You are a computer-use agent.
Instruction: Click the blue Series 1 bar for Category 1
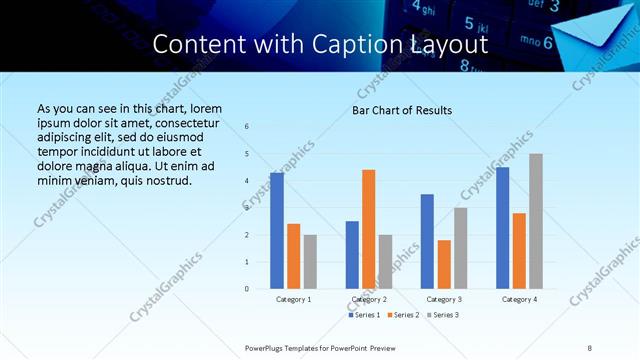(x=277, y=231)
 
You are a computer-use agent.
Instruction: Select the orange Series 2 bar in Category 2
(x=368, y=229)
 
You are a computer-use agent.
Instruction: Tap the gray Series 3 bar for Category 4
(x=536, y=221)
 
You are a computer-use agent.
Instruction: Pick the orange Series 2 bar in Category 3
(x=444, y=264)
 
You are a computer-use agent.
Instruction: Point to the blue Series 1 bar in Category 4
(x=502, y=228)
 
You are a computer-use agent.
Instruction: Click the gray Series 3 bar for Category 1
(x=310, y=262)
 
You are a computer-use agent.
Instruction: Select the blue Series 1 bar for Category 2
(x=352, y=255)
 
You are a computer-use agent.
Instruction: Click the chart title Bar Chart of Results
(x=402, y=110)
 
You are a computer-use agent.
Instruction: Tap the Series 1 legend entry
(x=364, y=315)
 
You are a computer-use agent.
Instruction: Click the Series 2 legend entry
(x=403, y=315)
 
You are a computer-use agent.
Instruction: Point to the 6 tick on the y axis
(x=247, y=127)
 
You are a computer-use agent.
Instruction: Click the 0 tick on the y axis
(x=247, y=289)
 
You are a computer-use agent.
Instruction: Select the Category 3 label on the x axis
(x=444, y=299)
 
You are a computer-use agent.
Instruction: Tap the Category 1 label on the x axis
(x=293, y=299)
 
